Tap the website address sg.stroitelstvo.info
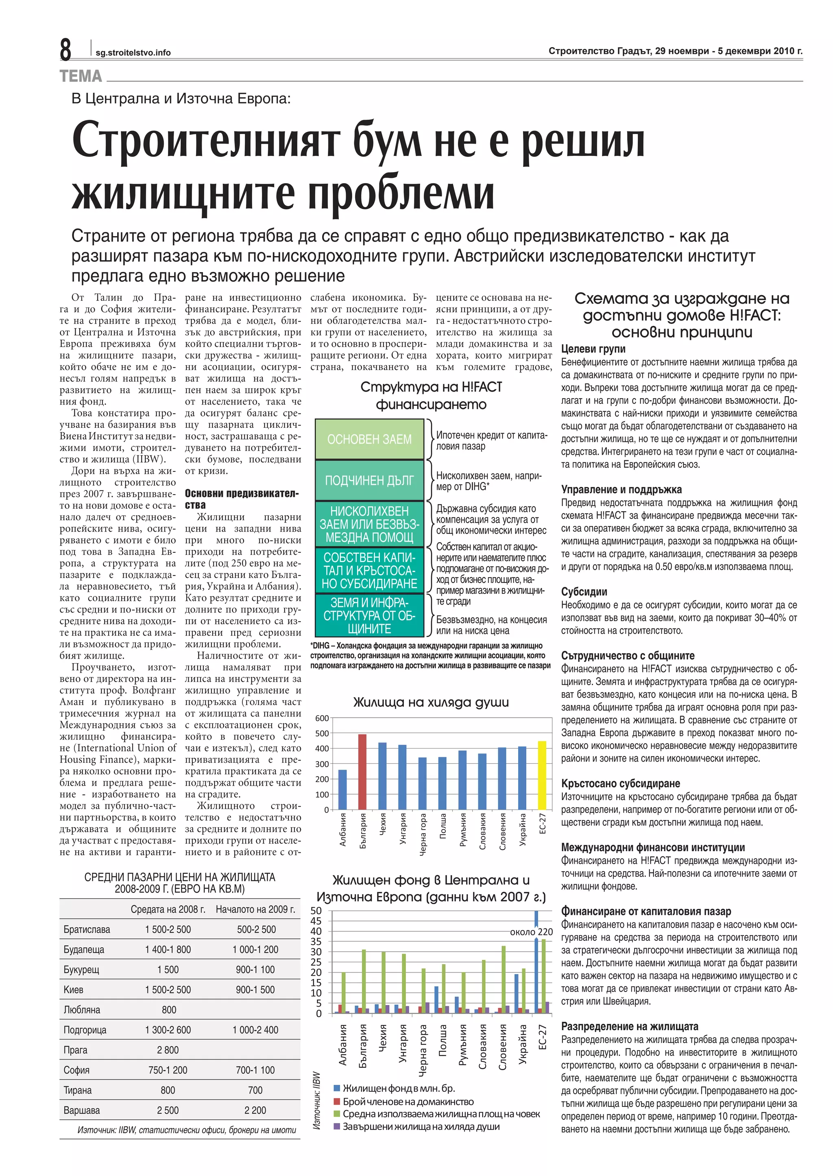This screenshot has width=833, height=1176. [x=133, y=53]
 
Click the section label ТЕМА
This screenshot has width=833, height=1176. [x=81, y=77]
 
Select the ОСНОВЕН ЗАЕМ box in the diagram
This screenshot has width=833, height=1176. [x=369, y=439]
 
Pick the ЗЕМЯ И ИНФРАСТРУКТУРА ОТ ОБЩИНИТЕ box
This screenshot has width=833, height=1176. [x=369, y=615]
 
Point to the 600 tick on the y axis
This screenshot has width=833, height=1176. [x=322, y=718]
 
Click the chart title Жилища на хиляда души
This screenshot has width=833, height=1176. [x=431, y=702]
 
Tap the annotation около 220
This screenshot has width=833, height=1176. [x=531, y=932]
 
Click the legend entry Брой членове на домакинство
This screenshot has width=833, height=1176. [x=408, y=1102]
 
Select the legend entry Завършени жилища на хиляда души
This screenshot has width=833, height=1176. [x=421, y=1127]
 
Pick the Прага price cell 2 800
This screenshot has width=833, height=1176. [x=168, y=1050]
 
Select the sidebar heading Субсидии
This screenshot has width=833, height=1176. [x=584, y=592]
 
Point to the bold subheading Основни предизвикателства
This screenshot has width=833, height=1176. [x=241, y=499]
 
